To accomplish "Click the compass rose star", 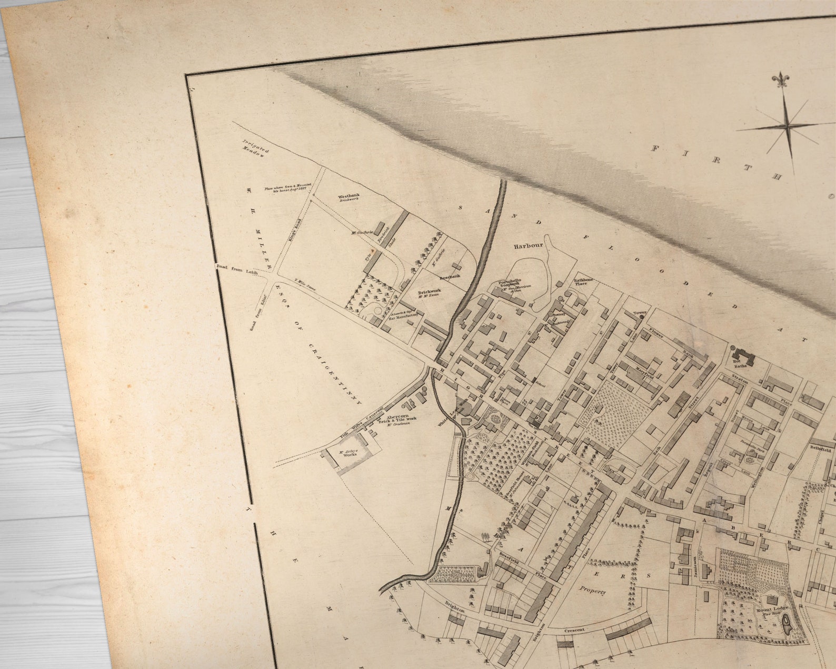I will coord(787,126).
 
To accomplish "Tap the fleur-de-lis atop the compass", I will coord(779,81).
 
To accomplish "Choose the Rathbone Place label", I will coord(583,281).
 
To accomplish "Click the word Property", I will coord(592,591).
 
